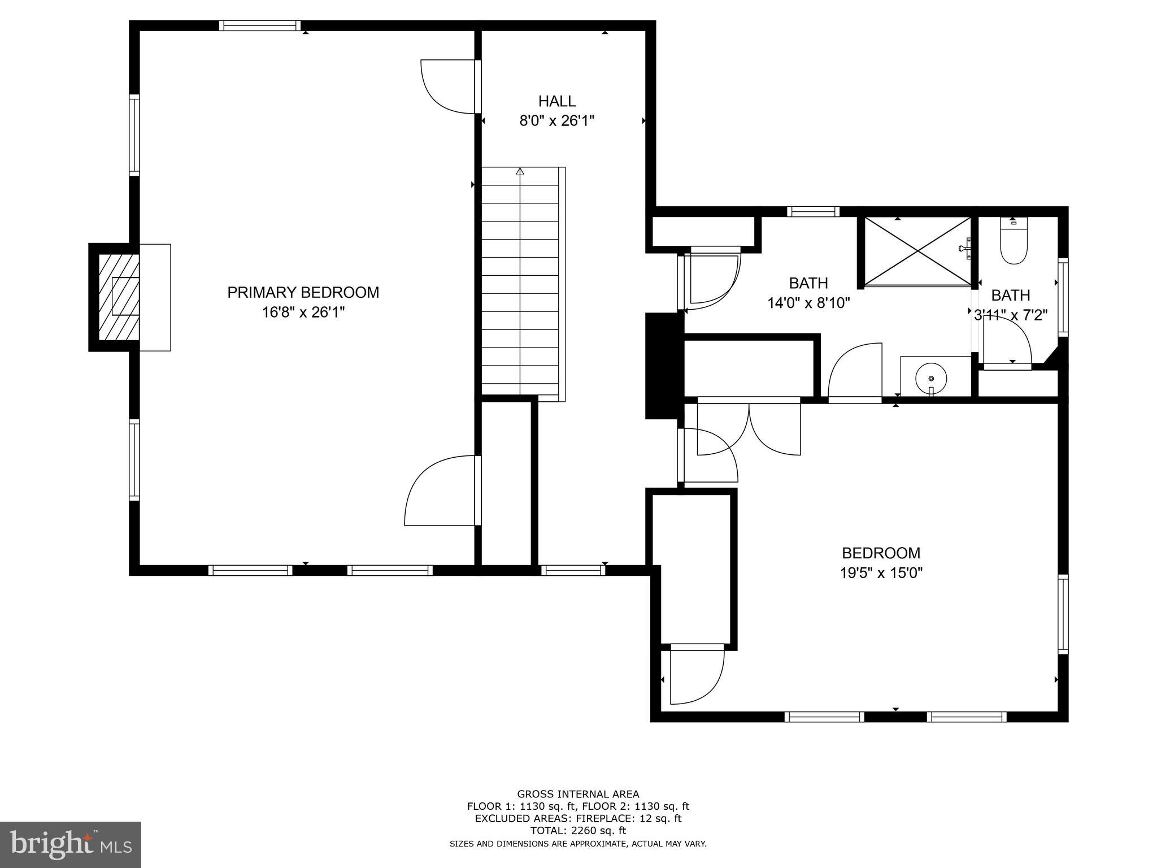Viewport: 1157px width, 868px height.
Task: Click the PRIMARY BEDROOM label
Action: click(x=303, y=292)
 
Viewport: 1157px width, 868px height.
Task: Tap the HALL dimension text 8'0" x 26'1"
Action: click(x=556, y=121)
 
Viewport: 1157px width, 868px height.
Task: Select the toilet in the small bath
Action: click(x=1013, y=244)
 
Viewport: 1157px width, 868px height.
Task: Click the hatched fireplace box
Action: click(x=119, y=297)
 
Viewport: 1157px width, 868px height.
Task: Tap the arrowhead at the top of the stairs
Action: click(x=520, y=171)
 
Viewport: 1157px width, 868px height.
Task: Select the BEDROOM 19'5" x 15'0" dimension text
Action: click(x=881, y=573)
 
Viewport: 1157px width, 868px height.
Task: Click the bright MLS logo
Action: click(x=70, y=844)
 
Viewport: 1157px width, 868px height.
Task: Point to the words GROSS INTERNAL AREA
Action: click(x=578, y=794)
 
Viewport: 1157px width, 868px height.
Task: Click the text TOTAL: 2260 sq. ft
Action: click(x=578, y=831)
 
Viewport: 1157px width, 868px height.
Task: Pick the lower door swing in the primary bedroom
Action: click(x=441, y=492)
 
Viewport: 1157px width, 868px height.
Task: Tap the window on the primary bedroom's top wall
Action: click(x=259, y=25)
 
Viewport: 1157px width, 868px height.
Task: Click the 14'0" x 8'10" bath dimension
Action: click(x=808, y=303)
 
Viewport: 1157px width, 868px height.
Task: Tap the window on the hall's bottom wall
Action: click(x=572, y=570)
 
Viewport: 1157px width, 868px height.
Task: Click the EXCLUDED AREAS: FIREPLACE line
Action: click(x=578, y=818)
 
